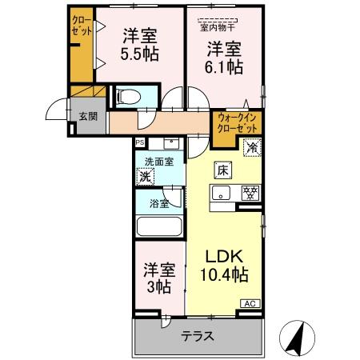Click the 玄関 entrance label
tap(87, 116)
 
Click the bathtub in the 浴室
tap(160, 225)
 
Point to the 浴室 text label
tap(158, 204)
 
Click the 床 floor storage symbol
tap(223, 170)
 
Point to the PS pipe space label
tap(140, 142)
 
